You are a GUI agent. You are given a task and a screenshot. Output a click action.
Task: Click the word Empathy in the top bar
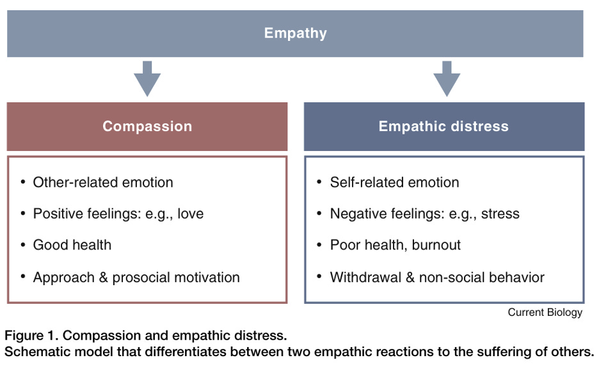click(295, 33)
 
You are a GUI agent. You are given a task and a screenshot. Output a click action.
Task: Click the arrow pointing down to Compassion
click(147, 79)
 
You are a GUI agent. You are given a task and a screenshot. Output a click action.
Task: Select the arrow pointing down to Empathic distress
click(447, 79)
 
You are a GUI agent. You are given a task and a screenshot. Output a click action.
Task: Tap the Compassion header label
click(147, 126)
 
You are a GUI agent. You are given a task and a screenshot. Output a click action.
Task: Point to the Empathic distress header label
click(443, 126)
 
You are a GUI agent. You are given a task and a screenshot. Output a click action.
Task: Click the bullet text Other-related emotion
click(103, 182)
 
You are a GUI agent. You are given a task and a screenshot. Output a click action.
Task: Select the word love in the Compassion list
click(189, 214)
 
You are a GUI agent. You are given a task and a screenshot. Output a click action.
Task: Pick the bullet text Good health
click(72, 246)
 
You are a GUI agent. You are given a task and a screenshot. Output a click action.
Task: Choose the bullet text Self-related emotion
click(394, 182)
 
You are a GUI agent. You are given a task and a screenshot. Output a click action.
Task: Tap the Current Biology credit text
click(545, 313)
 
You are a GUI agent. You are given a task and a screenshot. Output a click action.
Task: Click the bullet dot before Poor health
click(319, 246)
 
